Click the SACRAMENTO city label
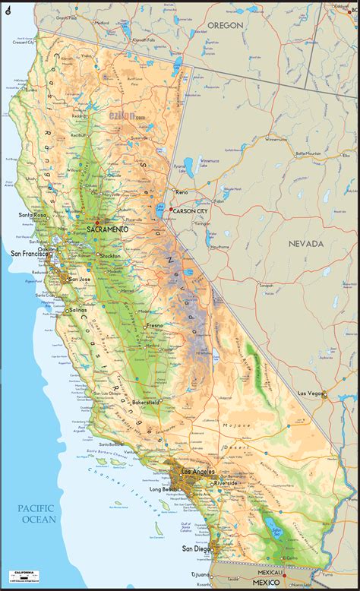click(x=107, y=229)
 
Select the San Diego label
click(x=197, y=548)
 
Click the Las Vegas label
click(x=310, y=393)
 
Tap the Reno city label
click(x=182, y=192)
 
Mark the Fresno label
click(x=155, y=325)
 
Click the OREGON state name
click(x=226, y=25)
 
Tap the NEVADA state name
click(x=305, y=244)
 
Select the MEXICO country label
click(x=266, y=582)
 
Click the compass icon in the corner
click(x=8, y=9)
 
